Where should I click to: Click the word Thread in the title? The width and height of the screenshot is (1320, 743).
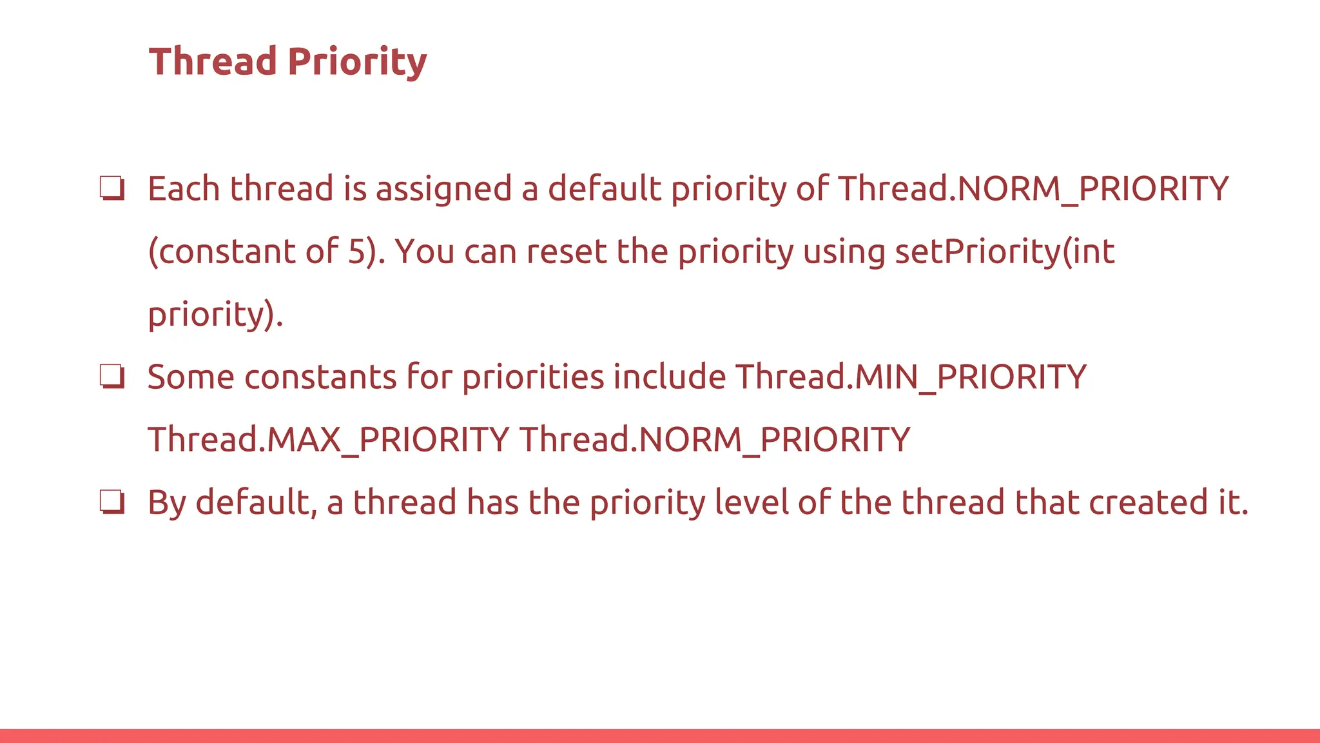213,62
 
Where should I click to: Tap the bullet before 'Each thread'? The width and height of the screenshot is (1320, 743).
112,189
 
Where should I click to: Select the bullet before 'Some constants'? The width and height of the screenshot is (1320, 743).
112,377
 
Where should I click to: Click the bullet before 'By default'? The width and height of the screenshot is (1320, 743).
112,502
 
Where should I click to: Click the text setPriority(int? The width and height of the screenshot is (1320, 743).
1005,252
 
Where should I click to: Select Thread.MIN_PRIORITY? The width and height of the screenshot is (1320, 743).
911,377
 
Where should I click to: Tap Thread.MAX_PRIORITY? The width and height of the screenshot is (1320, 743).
329,440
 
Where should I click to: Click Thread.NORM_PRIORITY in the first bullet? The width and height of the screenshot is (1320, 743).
1033,189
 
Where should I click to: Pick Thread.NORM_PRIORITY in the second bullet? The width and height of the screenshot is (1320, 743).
715,440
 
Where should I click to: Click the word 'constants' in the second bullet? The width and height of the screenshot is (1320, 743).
320,377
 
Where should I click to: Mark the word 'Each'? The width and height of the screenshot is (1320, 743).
184,189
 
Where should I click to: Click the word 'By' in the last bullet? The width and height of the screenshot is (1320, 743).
167,503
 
